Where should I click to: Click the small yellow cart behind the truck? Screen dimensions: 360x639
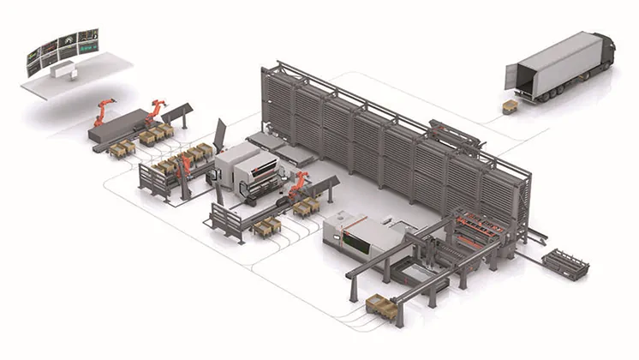click(509, 106)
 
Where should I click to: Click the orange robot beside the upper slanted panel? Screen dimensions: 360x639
click(156, 110)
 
